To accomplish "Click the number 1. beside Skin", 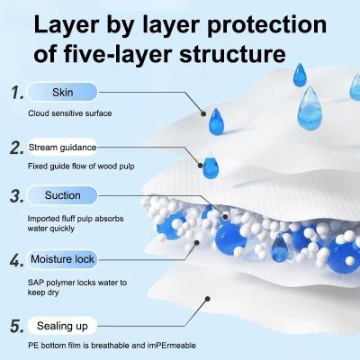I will pos(15,92).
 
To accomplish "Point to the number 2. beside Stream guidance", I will pos(15,147).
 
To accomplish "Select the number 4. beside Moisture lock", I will pos(15,261).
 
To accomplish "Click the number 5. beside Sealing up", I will pos(15,325).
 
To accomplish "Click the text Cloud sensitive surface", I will pos(71,112).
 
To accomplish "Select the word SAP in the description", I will pos(36,283).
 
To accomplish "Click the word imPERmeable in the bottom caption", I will pos(166,346).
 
